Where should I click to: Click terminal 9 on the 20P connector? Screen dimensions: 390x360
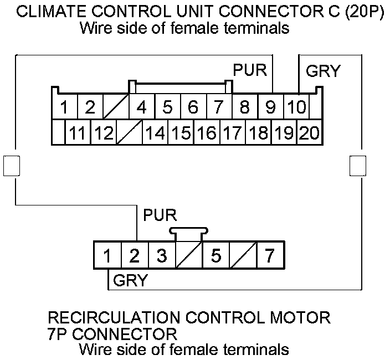click(270, 106)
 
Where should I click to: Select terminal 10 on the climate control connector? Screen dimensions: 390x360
click(296, 106)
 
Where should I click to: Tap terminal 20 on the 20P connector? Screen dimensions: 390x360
click(310, 132)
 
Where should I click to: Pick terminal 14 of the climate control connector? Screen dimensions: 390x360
click(155, 132)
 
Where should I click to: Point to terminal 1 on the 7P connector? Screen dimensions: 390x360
click(107, 255)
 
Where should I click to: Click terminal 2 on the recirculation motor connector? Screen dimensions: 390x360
click(135, 255)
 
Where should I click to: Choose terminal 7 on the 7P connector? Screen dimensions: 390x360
click(270, 255)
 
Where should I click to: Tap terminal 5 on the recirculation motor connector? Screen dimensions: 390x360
click(216, 255)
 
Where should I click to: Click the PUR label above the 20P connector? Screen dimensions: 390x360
click(250, 70)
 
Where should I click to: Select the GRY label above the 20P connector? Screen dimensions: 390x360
click(323, 71)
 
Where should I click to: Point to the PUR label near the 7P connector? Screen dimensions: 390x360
click(160, 215)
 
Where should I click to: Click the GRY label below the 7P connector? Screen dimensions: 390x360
click(130, 280)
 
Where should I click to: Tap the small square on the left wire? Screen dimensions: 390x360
click(12, 166)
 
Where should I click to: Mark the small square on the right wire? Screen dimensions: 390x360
click(358, 166)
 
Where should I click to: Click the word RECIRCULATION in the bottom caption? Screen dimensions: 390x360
click(114, 317)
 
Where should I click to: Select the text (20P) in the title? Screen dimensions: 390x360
click(364, 12)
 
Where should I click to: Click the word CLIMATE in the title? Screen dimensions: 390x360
click(50, 12)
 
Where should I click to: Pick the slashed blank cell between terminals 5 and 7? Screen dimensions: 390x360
click(244, 255)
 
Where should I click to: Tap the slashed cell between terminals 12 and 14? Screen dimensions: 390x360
click(129, 132)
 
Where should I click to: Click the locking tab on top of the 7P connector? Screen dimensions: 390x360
click(189, 234)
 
